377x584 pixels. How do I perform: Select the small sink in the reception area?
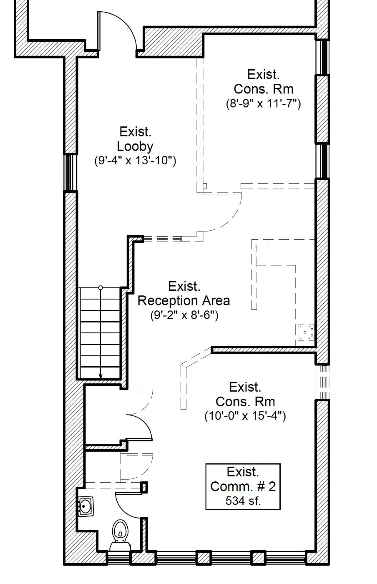pyautogui.click(x=306, y=332)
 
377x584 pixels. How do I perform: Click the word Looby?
pyautogui.click(x=135, y=146)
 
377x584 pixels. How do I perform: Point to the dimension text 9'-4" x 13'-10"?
pyautogui.click(x=135, y=160)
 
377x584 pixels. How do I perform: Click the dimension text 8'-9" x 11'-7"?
pyautogui.click(x=263, y=103)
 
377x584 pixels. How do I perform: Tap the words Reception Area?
pyautogui.click(x=184, y=301)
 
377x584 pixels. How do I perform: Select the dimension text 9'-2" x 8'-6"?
pyautogui.click(x=184, y=315)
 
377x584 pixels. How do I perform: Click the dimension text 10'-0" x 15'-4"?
pyautogui.click(x=245, y=416)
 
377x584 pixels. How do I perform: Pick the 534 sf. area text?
pyautogui.click(x=243, y=501)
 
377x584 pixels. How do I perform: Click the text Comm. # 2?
pyautogui.click(x=243, y=486)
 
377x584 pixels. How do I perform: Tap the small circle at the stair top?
pyautogui.click(x=101, y=288)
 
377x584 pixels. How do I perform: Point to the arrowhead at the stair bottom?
pyautogui.click(x=101, y=376)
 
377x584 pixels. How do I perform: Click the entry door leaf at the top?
pyautogui.click(x=99, y=31)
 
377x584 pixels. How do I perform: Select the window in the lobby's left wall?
pyautogui.click(x=70, y=172)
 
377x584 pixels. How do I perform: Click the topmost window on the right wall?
pyautogui.click(x=323, y=57)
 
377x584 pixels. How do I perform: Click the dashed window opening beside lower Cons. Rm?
pyautogui.click(x=323, y=382)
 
